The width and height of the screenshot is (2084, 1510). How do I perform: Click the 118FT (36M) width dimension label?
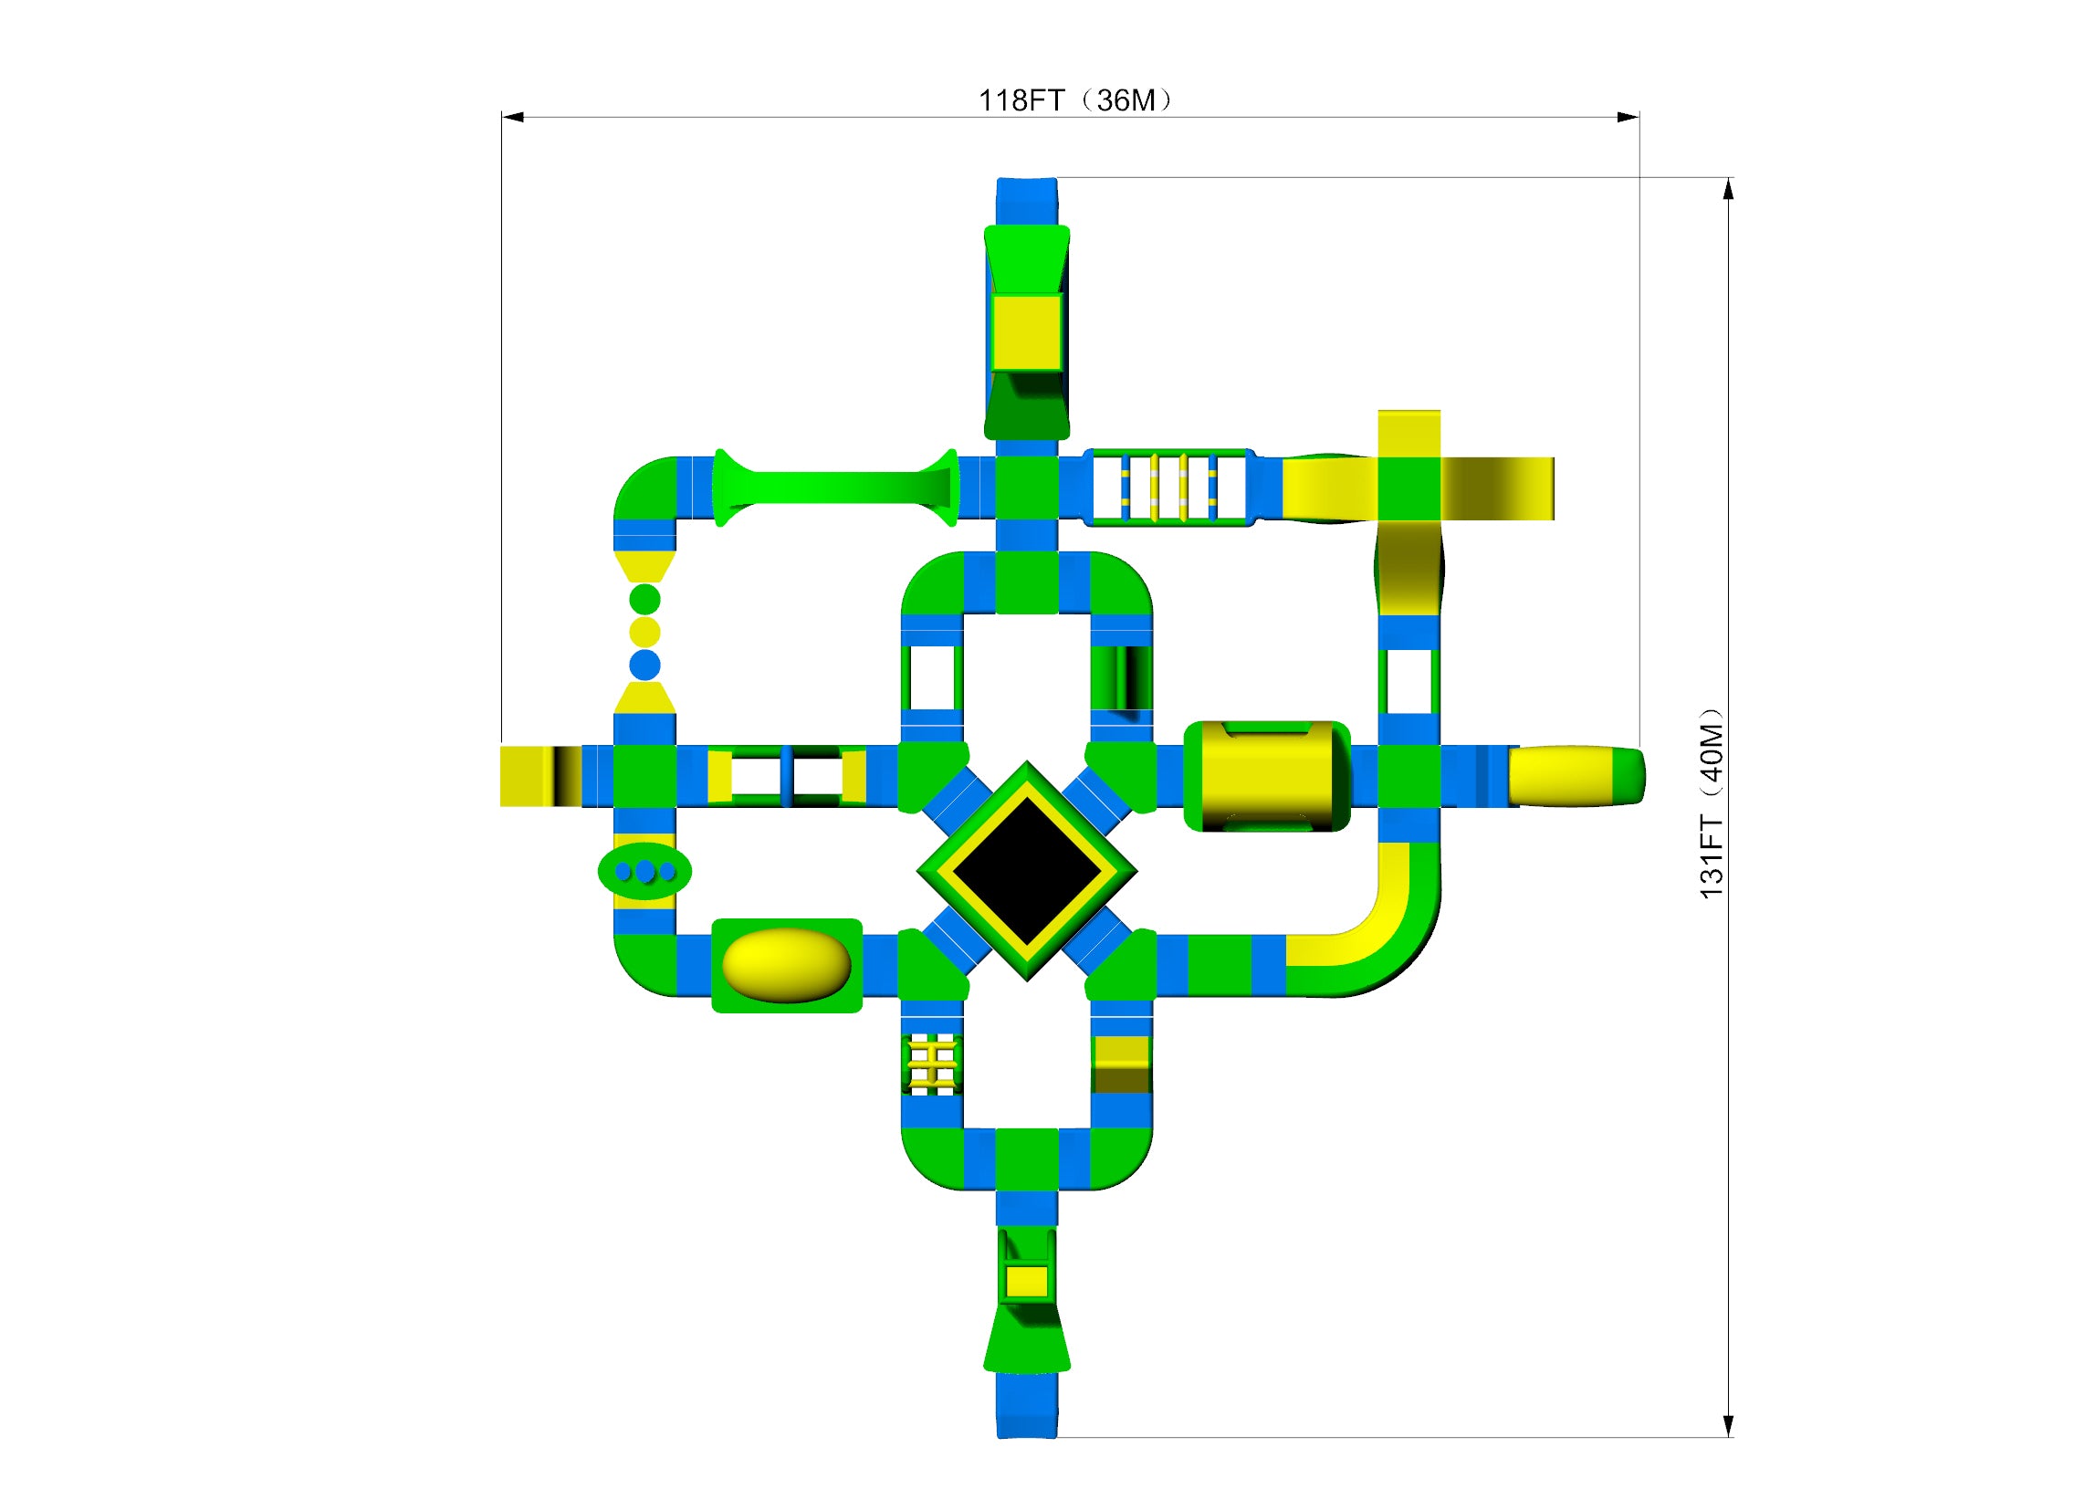[1075, 100]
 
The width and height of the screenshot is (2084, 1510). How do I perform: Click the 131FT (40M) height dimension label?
[1711, 803]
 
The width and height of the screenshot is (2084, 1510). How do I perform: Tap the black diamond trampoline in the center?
[1026, 870]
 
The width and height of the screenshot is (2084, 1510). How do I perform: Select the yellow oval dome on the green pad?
[787, 965]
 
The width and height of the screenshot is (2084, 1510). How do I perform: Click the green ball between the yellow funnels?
[645, 599]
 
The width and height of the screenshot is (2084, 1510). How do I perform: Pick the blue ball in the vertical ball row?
[645, 665]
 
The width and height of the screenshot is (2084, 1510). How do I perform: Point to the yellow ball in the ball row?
[645, 633]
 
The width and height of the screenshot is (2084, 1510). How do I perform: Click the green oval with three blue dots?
[645, 871]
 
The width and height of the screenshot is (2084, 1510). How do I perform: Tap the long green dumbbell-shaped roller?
[836, 488]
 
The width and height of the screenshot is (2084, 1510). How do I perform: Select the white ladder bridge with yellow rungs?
[1168, 488]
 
